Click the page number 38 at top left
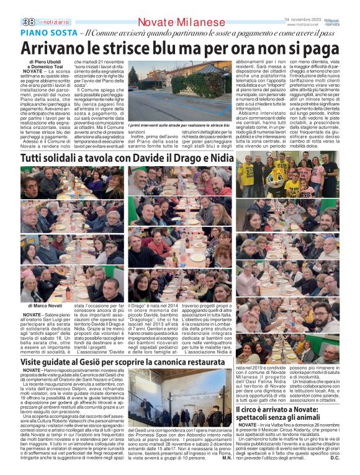pos(29,22)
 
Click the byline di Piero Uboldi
pos(45,63)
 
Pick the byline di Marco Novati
pos(45,306)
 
